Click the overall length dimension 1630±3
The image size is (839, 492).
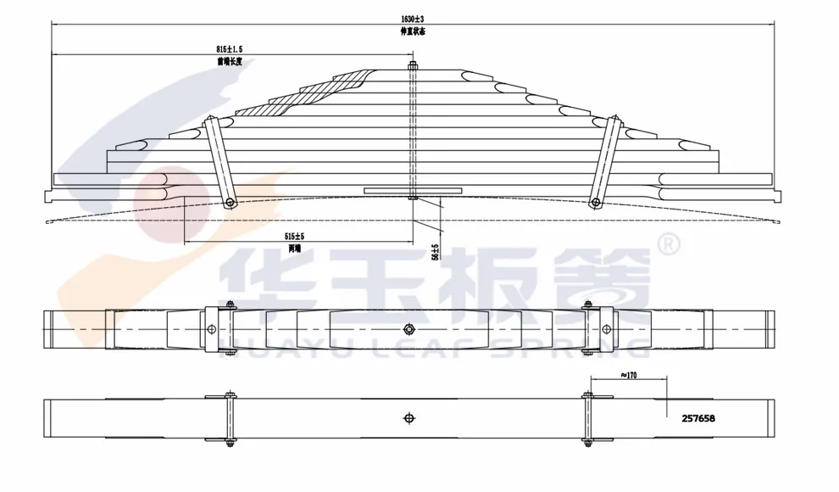pos(411,19)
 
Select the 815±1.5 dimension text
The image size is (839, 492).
pos(230,50)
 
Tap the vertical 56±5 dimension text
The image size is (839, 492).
pos(435,251)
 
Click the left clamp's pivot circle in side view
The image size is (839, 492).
pos(230,202)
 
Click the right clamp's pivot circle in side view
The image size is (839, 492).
pos(596,202)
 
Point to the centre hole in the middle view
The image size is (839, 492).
pos(408,330)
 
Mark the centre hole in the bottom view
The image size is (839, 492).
pos(408,417)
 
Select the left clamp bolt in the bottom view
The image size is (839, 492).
pos(230,417)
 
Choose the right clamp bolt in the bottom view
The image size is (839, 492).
pos(587,417)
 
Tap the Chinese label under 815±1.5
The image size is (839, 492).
pos(230,61)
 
